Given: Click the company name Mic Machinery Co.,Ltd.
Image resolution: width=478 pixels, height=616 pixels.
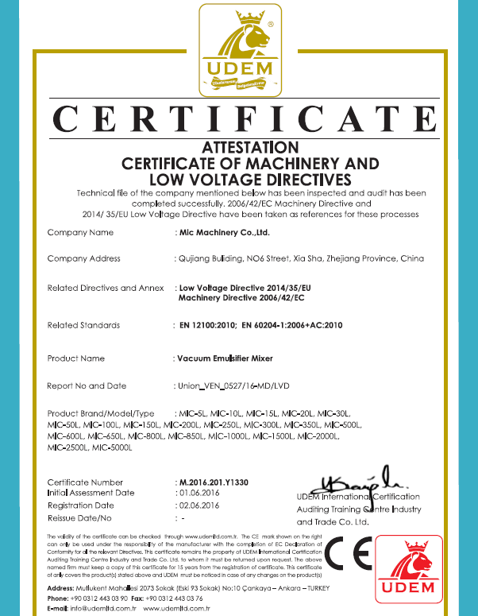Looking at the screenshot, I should pos(225,233).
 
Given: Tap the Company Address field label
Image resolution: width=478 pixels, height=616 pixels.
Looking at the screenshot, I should pos(84,258).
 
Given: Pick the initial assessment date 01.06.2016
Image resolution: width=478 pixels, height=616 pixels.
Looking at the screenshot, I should pos(199,493).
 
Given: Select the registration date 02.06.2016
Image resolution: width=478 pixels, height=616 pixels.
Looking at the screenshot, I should pos(199,506).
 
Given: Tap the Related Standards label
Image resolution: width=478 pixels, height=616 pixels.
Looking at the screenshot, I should pos(83,325).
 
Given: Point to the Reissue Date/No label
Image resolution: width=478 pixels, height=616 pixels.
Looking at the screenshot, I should pos(80,517).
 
